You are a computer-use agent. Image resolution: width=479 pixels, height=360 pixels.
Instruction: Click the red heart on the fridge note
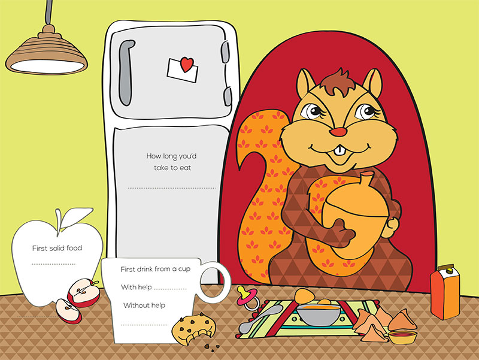pyautogui.click(x=187, y=64)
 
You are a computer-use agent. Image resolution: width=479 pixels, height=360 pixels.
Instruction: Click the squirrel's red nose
pyautogui.click(x=338, y=132)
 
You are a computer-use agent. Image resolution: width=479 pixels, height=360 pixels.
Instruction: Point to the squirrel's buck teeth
pyautogui.click(x=339, y=152)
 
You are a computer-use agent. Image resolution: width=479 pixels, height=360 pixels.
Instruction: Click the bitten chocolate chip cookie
pyautogui.click(x=193, y=328)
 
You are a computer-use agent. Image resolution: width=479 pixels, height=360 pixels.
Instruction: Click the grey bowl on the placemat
pyautogui.click(x=319, y=314)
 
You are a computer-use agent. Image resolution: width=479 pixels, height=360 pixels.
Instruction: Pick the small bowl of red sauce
pyautogui.click(x=402, y=337)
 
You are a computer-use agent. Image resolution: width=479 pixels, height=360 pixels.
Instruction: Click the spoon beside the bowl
pyautogui.click(x=260, y=319)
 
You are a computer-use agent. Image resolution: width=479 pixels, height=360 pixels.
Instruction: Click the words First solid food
pyautogui.click(x=57, y=248)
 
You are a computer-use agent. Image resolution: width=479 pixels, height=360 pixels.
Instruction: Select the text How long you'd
pyautogui.click(x=171, y=156)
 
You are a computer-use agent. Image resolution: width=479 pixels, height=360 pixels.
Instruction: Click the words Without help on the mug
pyautogui.click(x=144, y=305)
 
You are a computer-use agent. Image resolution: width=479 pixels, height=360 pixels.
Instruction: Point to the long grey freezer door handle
pyautogui.click(x=126, y=72)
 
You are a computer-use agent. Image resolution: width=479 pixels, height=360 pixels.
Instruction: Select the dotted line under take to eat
pyautogui.click(x=172, y=188)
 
